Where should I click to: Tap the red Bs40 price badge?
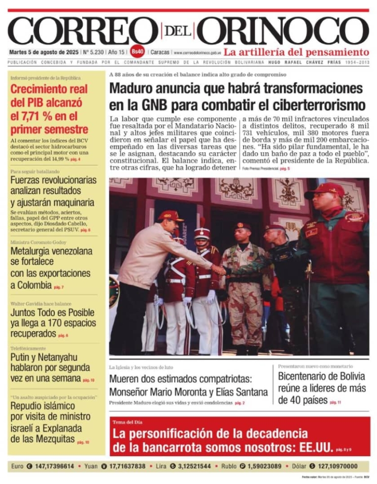[x=138, y=52]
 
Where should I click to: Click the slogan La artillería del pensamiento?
[x=296, y=52]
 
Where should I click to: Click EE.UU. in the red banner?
[x=314, y=447]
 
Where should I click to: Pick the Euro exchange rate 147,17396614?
[x=54, y=466]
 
